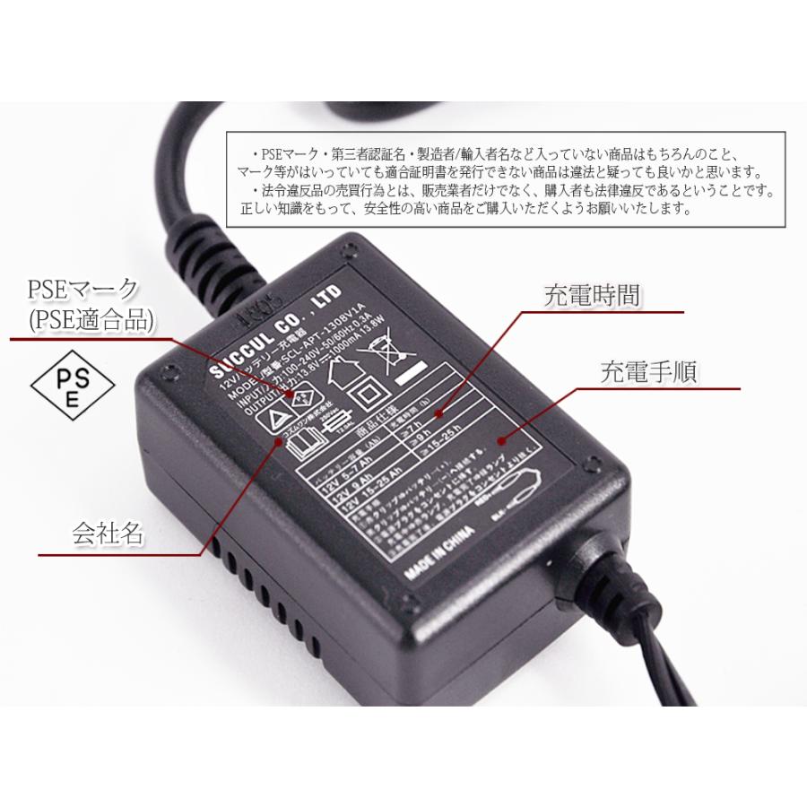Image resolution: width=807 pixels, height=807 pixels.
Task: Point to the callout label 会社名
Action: click(108, 534)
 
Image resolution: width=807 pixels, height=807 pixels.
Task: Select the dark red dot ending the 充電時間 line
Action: click(438, 414)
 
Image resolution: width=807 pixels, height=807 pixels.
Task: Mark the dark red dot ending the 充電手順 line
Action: click(499, 439)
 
